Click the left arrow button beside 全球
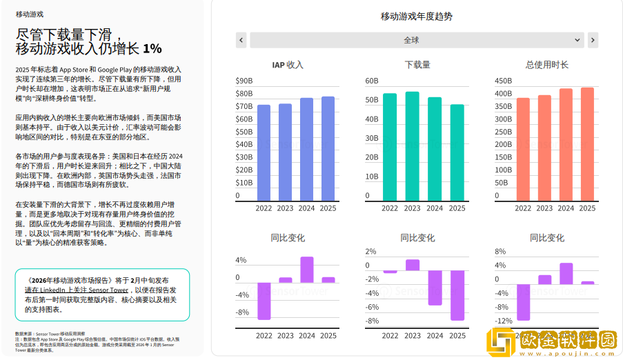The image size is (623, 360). [x=241, y=40]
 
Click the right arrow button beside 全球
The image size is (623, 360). [x=593, y=40]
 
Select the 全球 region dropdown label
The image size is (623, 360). [x=411, y=40]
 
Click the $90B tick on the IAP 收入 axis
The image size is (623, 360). [x=244, y=81]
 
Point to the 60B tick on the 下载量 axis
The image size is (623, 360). [x=372, y=81]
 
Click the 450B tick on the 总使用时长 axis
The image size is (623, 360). [x=503, y=81]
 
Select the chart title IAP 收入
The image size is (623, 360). [x=288, y=65]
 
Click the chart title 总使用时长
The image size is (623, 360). [x=546, y=65]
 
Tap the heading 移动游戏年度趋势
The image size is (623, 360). [x=417, y=17]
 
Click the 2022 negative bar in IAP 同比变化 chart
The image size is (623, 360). [x=264, y=301]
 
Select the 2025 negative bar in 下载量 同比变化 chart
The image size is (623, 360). [x=457, y=295]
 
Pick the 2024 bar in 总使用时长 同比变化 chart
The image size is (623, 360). [x=566, y=274]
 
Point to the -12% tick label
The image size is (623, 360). [x=504, y=321]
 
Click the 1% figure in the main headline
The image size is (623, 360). [x=152, y=48]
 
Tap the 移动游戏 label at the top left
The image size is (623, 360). [x=29, y=13]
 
